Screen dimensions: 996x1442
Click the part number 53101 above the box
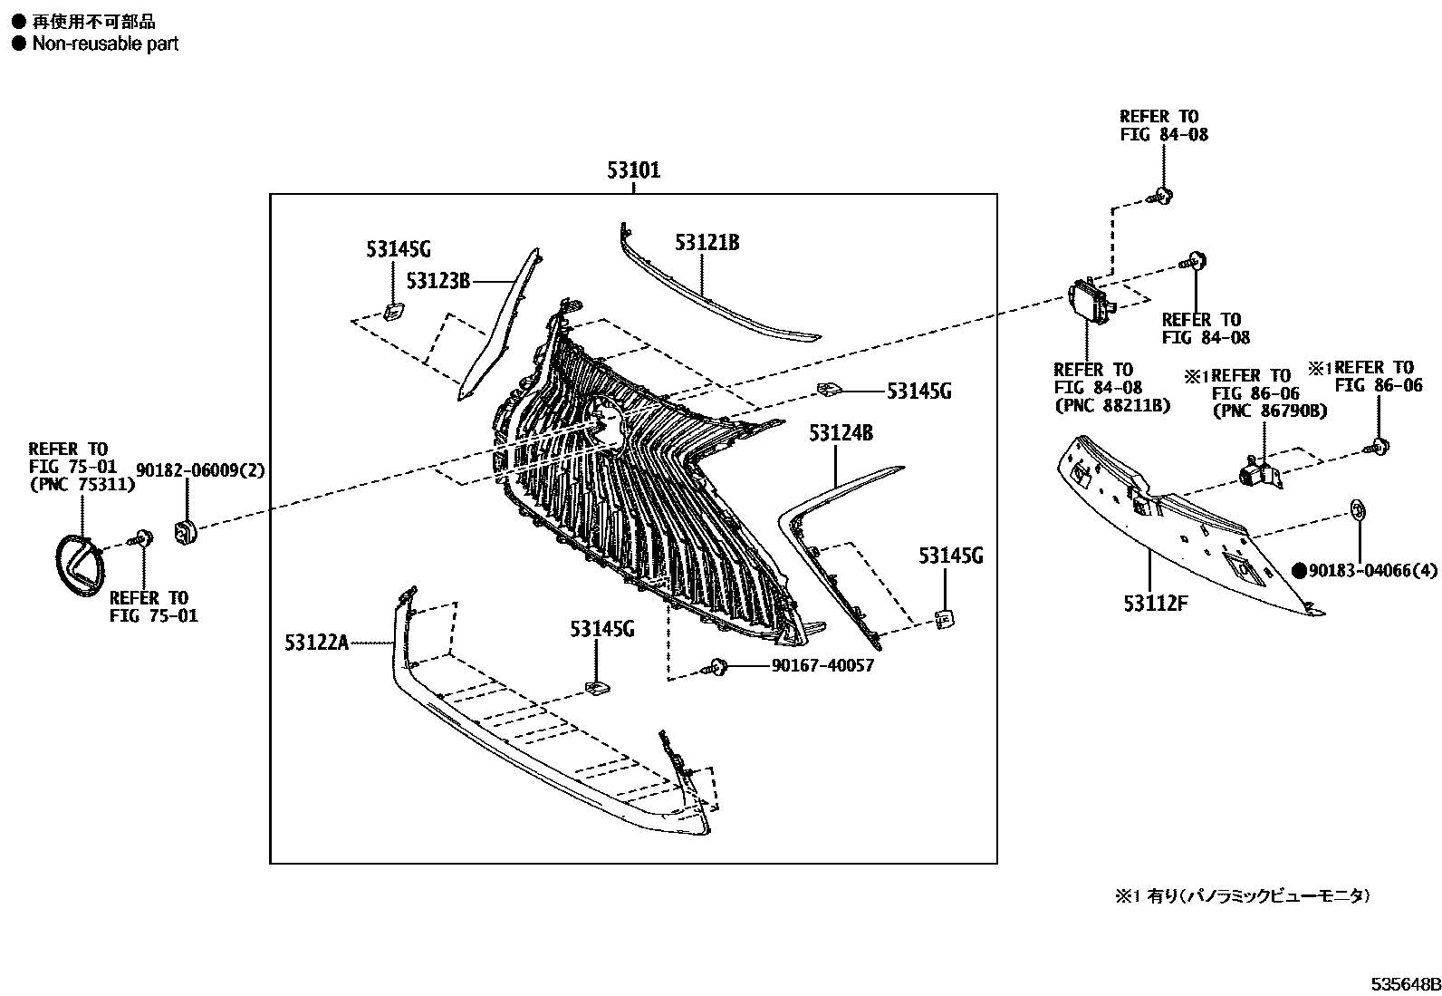pos(633,170)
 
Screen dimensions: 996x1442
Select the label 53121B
pos(707,243)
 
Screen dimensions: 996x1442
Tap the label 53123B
pos(438,281)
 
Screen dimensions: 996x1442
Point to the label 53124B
pos(841,433)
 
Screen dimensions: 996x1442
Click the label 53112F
pos(1155,603)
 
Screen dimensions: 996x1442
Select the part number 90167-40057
pos(822,666)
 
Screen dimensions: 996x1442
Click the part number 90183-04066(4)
pos(1372,571)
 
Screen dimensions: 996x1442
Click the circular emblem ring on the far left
pos(80,566)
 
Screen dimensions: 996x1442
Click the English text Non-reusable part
pos(105,44)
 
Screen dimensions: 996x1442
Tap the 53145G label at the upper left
pos(398,249)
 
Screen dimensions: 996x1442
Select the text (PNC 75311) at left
pos(82,484)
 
